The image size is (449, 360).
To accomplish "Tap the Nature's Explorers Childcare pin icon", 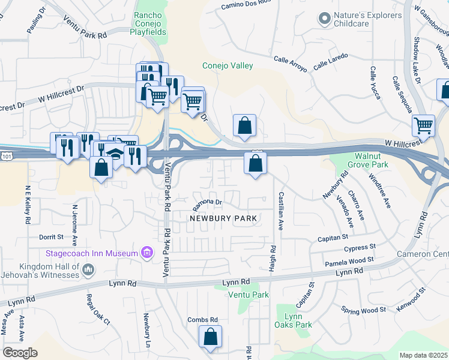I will [x=325, y=19].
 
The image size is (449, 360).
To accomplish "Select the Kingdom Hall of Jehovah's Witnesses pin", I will [x=88, y=269].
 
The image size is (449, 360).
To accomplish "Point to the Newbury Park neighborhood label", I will [x=223, y=218].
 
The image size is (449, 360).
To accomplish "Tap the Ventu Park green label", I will [x=249, y=295].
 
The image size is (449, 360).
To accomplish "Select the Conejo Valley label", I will [x=228, y=66].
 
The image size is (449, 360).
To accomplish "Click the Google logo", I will [x=20, y=353].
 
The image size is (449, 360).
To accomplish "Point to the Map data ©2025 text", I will [x=423, y=355].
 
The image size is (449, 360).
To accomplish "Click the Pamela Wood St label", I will [x=349, y=260].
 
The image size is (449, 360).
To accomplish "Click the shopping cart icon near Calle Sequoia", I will [x=424, y=126].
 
